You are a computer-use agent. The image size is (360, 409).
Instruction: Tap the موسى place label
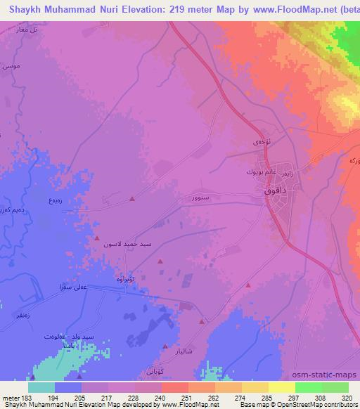click(x=10, y=65)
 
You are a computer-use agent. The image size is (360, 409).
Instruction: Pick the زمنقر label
click(x=20, y=318)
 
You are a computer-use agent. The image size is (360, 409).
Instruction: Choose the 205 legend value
click(x=82, y=397)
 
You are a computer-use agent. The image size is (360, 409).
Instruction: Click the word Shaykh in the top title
click(x=21, y=11)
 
